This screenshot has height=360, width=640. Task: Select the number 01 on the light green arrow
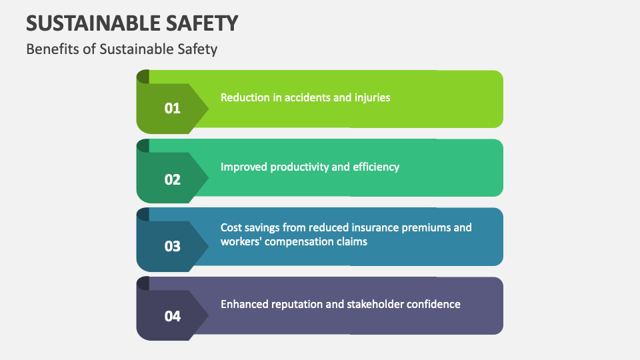[173, 108]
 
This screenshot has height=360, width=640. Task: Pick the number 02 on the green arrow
[173, 179]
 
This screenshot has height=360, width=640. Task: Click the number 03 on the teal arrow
[173, 246]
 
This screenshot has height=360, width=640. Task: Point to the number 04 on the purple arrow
[173, 316]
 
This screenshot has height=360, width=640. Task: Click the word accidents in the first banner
[307, 97]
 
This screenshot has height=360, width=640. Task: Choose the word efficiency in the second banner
[376, 167]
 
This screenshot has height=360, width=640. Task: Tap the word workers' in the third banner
[241, 241]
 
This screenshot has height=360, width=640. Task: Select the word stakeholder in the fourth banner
[377, 304]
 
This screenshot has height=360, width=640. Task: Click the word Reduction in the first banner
[245, 97]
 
